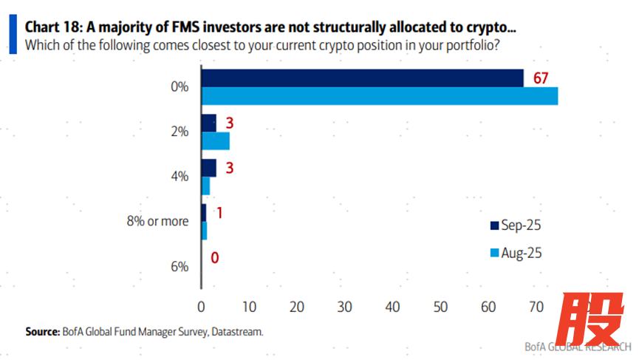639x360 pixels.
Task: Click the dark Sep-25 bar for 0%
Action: coord(362,78)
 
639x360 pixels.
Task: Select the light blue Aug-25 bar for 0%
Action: coord(379,96)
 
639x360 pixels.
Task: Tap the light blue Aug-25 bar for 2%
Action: coord(215,140)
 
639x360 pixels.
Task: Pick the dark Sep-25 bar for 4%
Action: coord(209,168)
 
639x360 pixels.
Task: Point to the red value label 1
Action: coord(219,213)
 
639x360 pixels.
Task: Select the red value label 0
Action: coord(215,258)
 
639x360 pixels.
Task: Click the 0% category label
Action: coord(180,86)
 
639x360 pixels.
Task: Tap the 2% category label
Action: coord(180,132)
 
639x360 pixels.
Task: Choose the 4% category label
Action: coord(180,177)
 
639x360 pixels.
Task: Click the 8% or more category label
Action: coord(157,221)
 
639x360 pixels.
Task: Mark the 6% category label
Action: coord(180,266)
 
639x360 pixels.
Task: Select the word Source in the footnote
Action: coord(42,332)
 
